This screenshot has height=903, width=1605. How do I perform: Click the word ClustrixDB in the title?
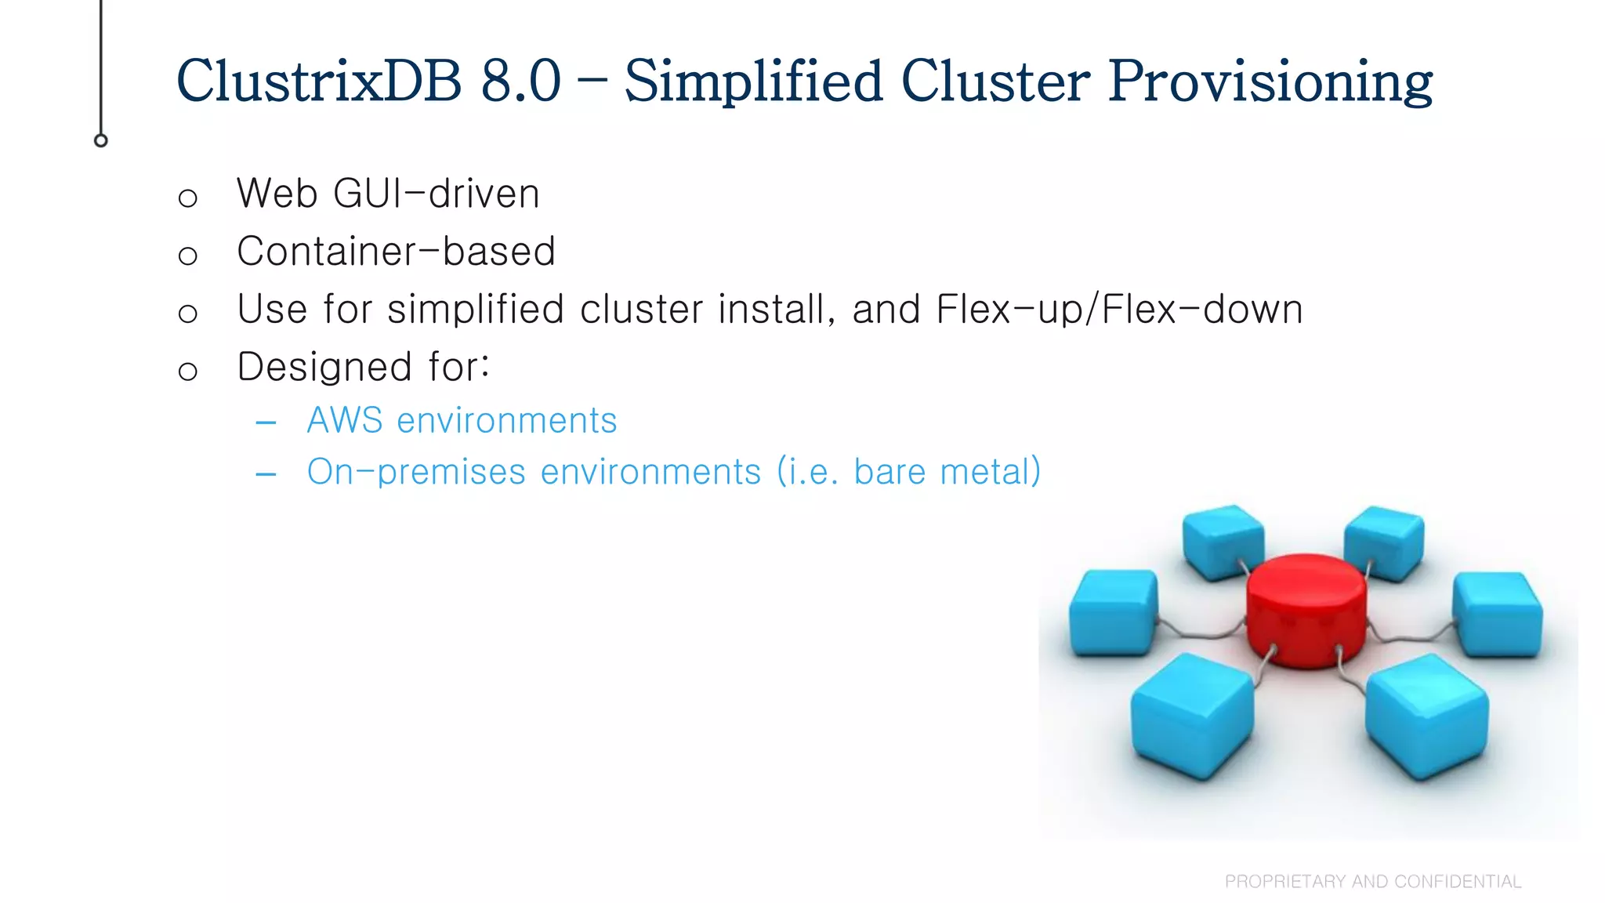pos(319,82)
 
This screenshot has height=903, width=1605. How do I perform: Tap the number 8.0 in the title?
pos(521,82)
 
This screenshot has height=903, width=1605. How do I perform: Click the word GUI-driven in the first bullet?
pos(437,194)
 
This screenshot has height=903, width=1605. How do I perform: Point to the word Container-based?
pos(396,252)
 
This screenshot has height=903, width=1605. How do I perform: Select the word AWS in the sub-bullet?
pos(345,421)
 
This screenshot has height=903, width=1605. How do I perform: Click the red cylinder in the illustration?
pos(1306,610)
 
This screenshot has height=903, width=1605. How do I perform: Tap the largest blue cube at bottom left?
pos(1191,715)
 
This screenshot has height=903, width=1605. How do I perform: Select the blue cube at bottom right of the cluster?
pos(1426,715)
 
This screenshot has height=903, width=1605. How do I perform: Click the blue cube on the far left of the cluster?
pos(1113,612)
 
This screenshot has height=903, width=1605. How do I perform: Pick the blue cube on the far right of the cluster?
pos(1498,614)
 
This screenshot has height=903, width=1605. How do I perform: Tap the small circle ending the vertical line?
pos(101,141)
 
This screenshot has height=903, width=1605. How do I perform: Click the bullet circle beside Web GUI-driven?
pos(187,198)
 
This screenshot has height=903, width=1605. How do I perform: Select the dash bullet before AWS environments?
pos(266,423)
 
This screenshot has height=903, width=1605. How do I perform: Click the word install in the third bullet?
pos(770,309)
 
